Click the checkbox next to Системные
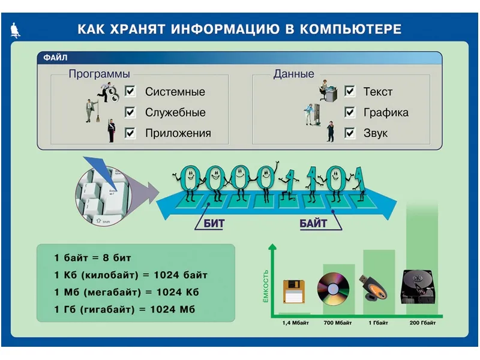(130, 91)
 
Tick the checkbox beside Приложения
(130, 133)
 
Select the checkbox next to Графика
(350, 112)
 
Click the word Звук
(376, 133)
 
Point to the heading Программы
(99, 74)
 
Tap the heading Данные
(294, 74)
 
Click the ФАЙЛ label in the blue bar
(56, 58)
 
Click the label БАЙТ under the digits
(313, 224)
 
